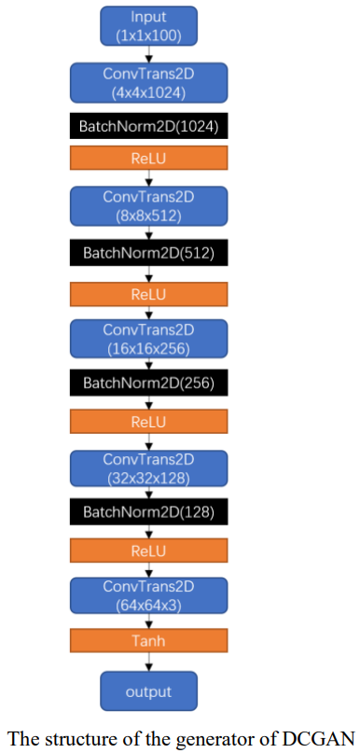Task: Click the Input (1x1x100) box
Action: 148,26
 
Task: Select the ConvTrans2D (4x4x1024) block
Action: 148,81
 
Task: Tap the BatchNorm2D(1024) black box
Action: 148,126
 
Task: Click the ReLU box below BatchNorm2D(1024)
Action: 148,158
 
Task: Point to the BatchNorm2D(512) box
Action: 148,252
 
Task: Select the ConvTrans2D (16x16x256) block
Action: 148,340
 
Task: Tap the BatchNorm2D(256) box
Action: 148,383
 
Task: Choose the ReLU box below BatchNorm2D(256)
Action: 148,422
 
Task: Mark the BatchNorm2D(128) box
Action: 148,511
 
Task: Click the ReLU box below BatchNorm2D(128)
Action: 148,551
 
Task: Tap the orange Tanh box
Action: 148,639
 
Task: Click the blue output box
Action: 148,692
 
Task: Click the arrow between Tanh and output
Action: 148,662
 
